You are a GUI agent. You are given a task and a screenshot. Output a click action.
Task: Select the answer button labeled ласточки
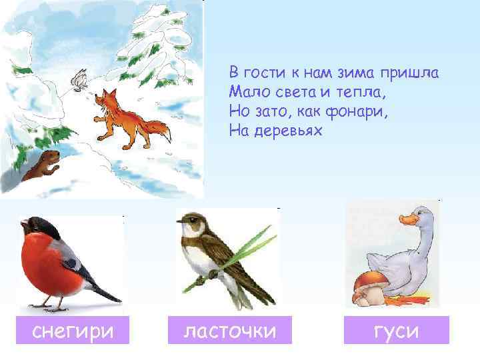(229, 330)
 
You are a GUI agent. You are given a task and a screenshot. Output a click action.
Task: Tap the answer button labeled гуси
(397, 330)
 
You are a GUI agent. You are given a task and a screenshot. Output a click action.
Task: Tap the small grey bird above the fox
(80, 79)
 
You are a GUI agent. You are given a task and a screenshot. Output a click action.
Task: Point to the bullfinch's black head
(33, 227)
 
